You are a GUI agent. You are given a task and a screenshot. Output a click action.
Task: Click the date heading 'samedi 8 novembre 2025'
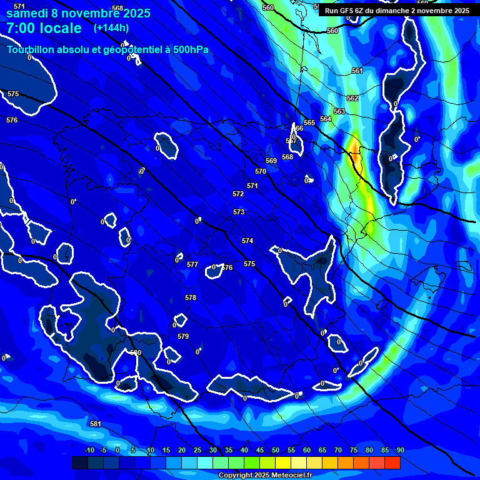78,13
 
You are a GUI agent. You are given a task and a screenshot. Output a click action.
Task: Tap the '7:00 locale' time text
44,28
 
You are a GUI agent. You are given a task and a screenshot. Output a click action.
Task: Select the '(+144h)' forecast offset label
112,28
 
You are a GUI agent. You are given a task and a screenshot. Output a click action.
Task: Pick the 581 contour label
96,424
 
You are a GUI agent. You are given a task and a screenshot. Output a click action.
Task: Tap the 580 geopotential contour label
136,352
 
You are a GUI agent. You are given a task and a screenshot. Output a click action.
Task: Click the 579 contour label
183,336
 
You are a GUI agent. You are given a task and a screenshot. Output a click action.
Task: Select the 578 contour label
191,297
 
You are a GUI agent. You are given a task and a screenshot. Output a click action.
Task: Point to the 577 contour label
192,264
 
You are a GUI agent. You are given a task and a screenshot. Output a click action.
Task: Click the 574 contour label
247,241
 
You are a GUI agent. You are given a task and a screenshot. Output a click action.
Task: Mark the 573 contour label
239,212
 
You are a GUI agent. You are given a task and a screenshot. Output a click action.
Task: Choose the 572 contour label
238,194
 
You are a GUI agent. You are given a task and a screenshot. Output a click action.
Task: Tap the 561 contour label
357,71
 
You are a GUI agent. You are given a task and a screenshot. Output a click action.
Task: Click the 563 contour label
339,111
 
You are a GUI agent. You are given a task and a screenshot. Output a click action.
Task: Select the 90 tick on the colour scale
400,450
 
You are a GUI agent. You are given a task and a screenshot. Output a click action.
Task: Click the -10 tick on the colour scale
89,450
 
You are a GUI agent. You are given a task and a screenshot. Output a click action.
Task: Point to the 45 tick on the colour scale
260,450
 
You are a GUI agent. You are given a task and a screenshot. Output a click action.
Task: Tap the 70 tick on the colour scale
338,450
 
